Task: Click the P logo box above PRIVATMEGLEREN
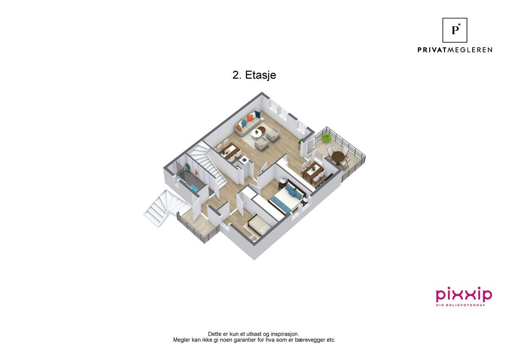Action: click(x=455, y=30)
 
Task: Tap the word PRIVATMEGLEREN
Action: click(x=455, y=50)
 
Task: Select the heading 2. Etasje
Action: click(x=255, y=75)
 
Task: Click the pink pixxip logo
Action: click(x=464, y=294)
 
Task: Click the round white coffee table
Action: click(x=257, y=133)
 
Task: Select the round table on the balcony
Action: click(x=338, y=157)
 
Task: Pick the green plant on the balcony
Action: click(x=326, y=138)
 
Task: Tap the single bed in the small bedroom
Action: click(x=259, y=225)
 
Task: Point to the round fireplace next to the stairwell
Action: click(x=244, y=160)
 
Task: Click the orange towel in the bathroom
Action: click(x=197, y=173)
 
